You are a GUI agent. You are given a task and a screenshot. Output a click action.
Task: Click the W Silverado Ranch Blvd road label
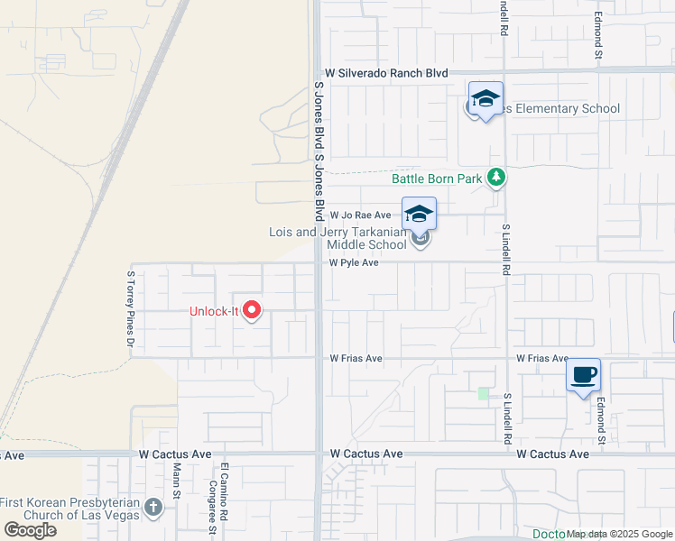tap(386, 72)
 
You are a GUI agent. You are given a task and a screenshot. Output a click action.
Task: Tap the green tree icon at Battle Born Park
tap(495, 178)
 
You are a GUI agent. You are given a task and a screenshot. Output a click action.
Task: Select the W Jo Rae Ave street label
tap(360, 215)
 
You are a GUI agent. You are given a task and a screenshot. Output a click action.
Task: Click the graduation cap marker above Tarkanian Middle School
tap(419, 215)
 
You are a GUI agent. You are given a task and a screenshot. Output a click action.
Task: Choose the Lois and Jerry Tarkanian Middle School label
tap(338, 238)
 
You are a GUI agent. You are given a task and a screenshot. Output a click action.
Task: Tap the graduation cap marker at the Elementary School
tap(485, 99)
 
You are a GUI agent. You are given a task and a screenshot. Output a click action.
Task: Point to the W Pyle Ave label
tap(354, 263)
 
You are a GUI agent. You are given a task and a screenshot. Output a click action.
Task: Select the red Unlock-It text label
tap(213, 312)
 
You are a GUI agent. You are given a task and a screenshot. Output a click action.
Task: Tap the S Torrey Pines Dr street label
tap(131, 309)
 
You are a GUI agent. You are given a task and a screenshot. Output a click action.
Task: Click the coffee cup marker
tap(583, 374)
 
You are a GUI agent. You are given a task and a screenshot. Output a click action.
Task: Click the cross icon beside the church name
tap(153, 509)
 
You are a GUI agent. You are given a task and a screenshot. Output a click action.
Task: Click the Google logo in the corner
tap(30, 530)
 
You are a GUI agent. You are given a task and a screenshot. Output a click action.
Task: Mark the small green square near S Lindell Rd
tap(484, 393)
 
